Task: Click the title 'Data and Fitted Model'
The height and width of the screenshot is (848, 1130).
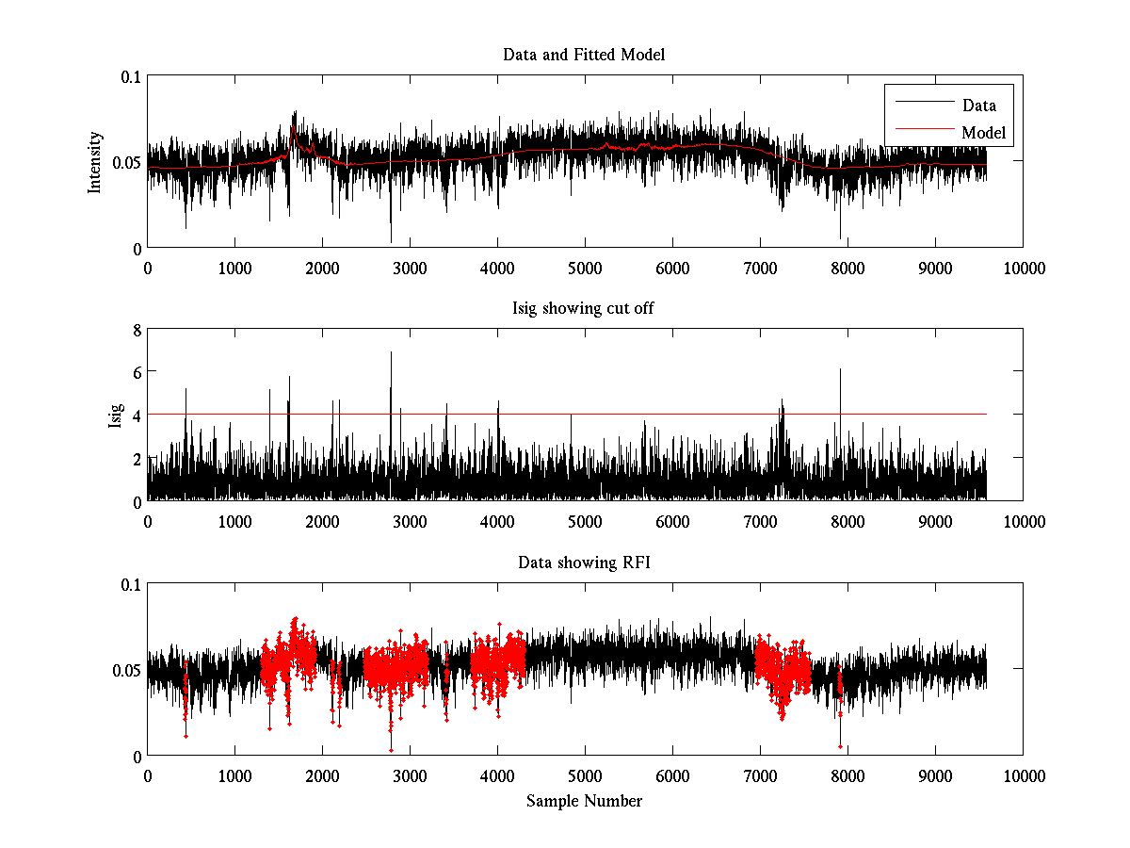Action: tap(584, 55)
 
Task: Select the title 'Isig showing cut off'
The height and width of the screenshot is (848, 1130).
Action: tap(584, 308)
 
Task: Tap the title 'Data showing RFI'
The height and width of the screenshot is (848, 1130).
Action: tap(584, 563)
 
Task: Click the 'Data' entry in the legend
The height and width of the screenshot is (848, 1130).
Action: tap(978, 106)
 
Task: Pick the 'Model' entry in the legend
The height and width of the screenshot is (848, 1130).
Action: tap(983, 133)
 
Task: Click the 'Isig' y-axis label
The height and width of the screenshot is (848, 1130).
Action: tap(115, 416)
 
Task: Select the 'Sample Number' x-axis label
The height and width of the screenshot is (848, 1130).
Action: tap(584, 801)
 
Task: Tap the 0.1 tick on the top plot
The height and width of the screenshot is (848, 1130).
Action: tap(130, 77)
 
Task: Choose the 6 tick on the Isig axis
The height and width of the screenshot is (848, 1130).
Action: tap(137, 372)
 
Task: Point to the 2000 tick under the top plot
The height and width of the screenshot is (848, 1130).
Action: tap(322, 268)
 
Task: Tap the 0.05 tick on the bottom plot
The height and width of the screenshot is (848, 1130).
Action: tap(126, 670)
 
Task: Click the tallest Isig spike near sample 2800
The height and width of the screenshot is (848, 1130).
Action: tap(391, 352)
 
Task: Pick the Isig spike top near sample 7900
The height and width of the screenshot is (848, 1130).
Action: tap(840, 369)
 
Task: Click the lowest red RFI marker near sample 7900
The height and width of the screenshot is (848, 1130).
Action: tap(840, 746)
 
